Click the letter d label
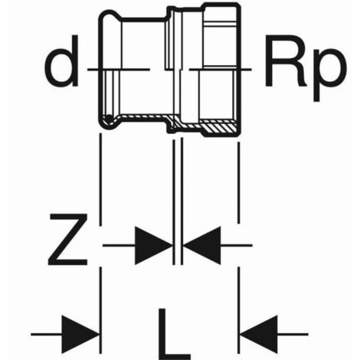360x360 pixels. click(x=61, y=61)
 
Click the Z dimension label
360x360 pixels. click(x=68, y=240)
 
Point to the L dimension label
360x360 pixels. click(x=174, y=334)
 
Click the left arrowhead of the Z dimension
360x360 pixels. click(x=153, y=245)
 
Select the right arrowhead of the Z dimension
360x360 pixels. click(x=201, y=245)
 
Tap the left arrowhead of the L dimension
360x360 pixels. click(x=80, y=334)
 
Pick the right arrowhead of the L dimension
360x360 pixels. click(x=258, y=334)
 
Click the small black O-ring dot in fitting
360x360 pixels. click(x=109, y=118)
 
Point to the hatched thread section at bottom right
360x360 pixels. click(x=219, y=128)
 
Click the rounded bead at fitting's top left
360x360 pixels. click(x=110, y=16)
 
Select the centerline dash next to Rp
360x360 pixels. click(x=221, y=69)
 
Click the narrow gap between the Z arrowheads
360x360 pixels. click(x=178, y=245)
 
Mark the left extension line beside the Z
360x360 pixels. click(x=100, y=179)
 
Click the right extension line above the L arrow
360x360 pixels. click(x=239, y=310)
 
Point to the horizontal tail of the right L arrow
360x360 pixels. click(x=293, y=334)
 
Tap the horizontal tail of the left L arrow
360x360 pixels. click(x=47, y=334)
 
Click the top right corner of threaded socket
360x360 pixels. click(x=240, y=5)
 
